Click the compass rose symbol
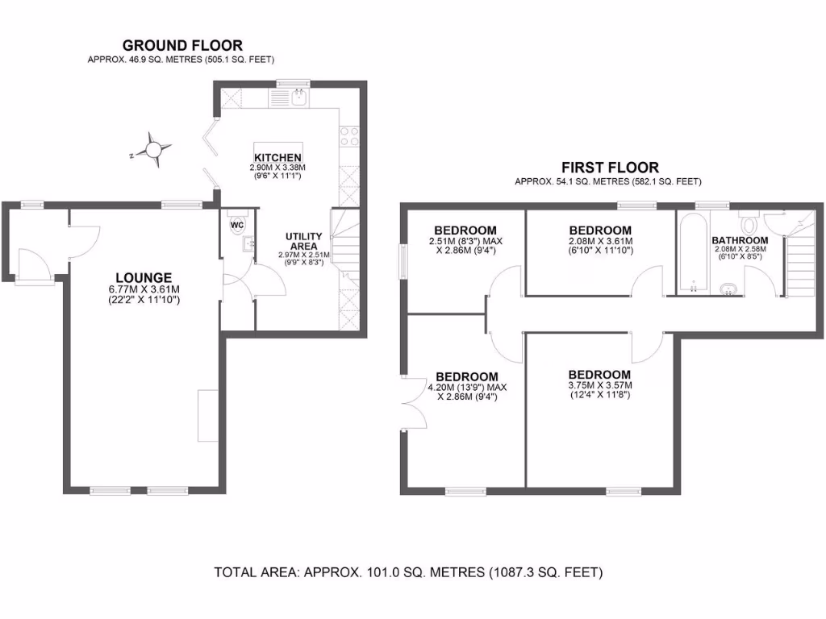coord(152,149)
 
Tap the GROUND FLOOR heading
coord(182,46)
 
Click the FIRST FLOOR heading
coord(610,168)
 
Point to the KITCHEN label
coord(277,157)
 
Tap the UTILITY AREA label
coord(304,241)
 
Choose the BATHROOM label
coord(739,240)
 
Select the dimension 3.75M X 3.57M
coord(599,385)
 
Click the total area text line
coord(408,573)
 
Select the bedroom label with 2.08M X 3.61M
coord(599,230)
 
